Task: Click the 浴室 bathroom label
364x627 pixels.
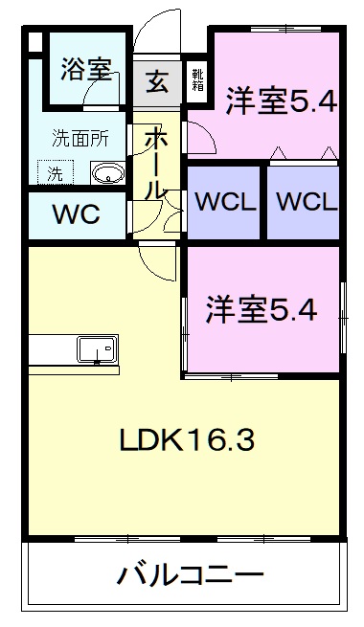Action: point(86,69)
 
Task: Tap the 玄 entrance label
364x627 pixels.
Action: point(157,80)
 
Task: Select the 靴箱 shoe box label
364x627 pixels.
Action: point(197,78)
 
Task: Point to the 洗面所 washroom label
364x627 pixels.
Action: point(80,137)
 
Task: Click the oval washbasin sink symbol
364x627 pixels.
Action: point(107,173)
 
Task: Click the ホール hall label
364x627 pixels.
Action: point(154,163)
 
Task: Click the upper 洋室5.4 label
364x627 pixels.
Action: point(281,101)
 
